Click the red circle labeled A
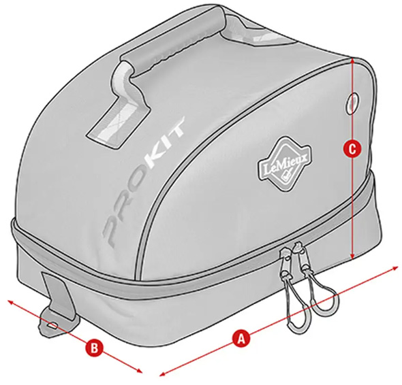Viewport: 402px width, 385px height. click(241, 339)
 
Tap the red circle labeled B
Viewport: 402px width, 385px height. click(95, 348)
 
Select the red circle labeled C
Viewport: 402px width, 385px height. click(352, 148)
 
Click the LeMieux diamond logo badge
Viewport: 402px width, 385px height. click(285, 164)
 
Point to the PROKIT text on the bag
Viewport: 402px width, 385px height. click(144, 182)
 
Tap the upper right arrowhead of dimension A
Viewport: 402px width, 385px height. click(394, 268)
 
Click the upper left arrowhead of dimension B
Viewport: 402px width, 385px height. click(12, 303)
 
